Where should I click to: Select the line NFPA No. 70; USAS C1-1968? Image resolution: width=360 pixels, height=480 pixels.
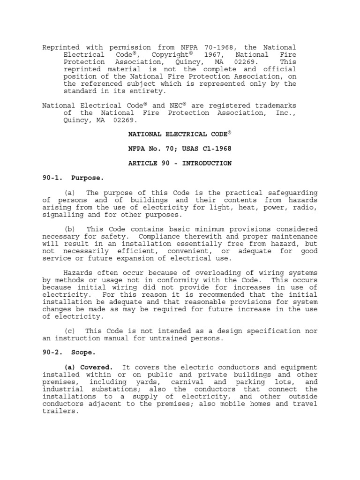(x=180, y=149)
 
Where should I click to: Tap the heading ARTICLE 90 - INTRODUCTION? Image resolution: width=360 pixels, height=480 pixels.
(x=180, y=163)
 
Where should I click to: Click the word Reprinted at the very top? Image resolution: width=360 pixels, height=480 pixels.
(x=61, y=47)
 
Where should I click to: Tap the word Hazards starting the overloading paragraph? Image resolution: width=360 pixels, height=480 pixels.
(x=78, y=273)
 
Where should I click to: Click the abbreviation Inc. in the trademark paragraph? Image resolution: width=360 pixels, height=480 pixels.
(x=287, y=112)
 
